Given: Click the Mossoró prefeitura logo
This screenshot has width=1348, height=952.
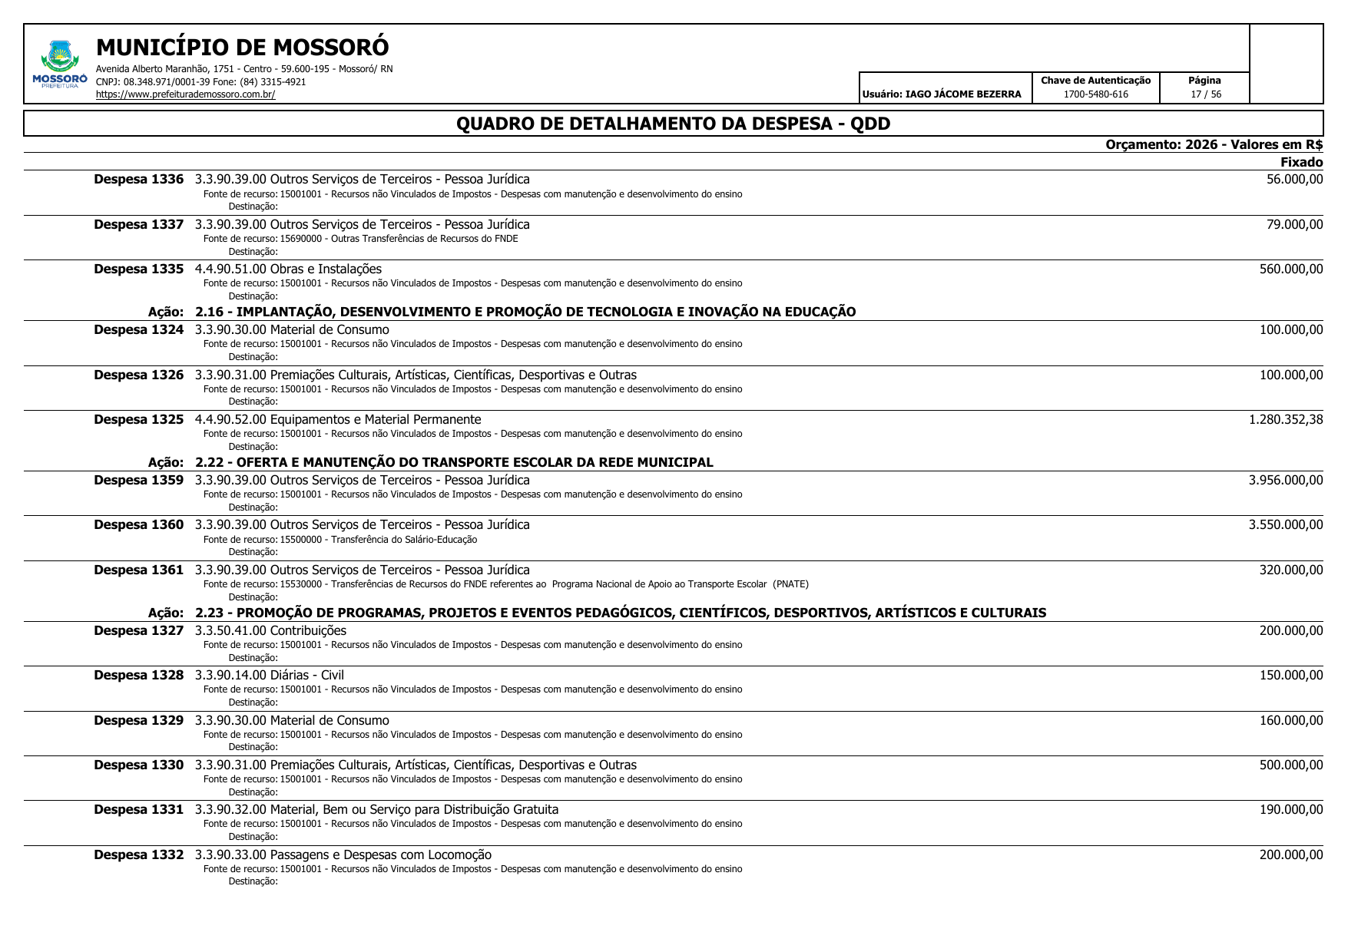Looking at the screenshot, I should (x=59, y=64).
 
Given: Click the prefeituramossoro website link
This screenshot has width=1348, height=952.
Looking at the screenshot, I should (x=185, y=94).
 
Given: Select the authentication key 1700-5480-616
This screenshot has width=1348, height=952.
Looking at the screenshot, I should (x=1095, y=94).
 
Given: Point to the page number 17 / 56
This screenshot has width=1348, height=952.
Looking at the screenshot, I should (x=1205, y=94).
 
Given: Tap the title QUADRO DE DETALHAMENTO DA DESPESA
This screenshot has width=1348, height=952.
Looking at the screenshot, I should (x=673, y=124).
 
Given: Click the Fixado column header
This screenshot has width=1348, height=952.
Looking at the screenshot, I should (x=1301, y=162).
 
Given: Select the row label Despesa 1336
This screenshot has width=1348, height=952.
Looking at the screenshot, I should (x=139, y=180).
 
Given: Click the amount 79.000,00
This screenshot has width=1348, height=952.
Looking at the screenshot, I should (x=1294, y=224).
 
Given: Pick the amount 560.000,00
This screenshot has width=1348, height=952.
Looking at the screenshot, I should (x=1291, y=269).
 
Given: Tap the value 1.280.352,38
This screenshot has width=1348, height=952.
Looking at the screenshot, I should (x=1286, y=419).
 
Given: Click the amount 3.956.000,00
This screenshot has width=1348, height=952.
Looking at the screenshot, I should (x=1286, y=480).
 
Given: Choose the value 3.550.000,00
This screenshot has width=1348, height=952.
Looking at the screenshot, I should (x=1286, y=524).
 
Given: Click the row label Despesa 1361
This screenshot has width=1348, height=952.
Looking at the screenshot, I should (x=139, y=570).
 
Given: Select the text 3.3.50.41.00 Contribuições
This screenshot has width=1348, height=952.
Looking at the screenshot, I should (x=270, y=630).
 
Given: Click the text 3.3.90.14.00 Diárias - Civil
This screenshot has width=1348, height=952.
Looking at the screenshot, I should (x=269, y=675).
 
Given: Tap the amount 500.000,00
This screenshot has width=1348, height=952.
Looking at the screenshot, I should (x=1291, y=765).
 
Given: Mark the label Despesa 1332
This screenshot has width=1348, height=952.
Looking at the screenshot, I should (x=139, y=854).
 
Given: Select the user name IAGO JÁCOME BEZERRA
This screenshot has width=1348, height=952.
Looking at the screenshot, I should (x=963, y=94).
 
